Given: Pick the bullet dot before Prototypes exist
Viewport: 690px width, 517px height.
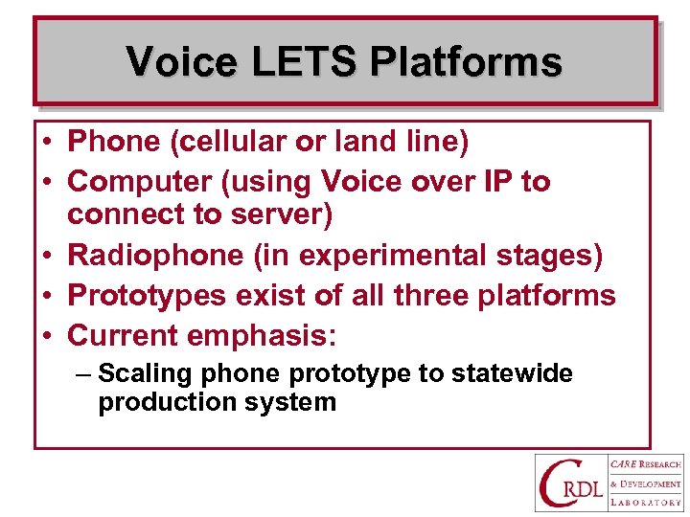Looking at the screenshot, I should point(47,296).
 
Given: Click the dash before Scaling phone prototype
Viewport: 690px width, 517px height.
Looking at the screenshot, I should point(82,373).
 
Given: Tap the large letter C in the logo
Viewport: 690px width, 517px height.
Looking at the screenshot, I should point(557,483).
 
